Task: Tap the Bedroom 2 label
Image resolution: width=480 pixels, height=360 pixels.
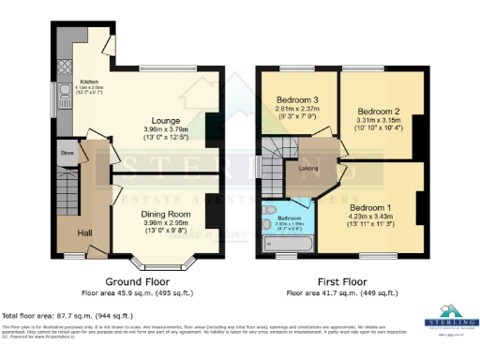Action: [x=378, y=110]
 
